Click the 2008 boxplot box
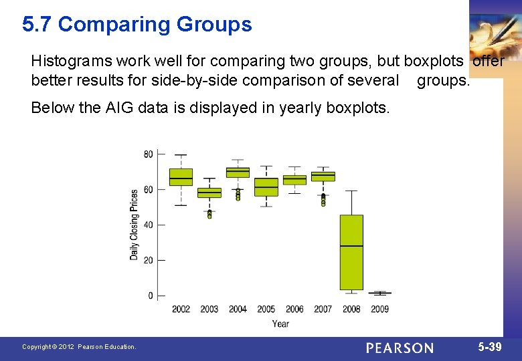click(x=351, y=252)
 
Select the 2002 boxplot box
click(x=181, y=177)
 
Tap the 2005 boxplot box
click(x=266, y=187)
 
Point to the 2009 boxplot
click(x=379, y=293)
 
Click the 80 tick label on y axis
click(x=148, y=154)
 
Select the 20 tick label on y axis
click(x=148, y=260)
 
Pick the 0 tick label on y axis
click(x=151, y=295)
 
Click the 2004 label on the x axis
click(x=238, y=310)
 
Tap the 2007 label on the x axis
click(x=323, y=310)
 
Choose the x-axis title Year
click(x=280, y=324)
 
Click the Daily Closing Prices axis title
click(x=135, y=225)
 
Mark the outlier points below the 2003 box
click(x=209, y=214)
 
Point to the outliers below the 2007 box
click(x=323, y=200)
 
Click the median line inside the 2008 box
click(x=351, y=246)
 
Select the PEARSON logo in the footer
click(x=400, y=348)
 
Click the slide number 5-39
click(x=490, y=347)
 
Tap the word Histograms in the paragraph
click(x=71, y=62)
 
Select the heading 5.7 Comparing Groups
click(x=137, y=25)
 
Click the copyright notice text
click(x=79, y=347)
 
